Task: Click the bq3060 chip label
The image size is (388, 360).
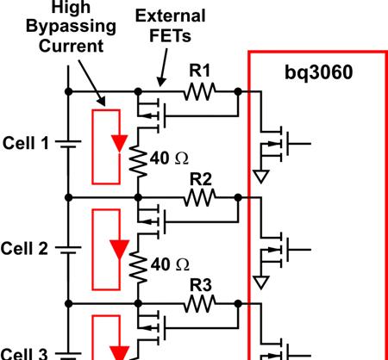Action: click(x=318, y=73)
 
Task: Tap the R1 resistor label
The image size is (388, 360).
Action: click(x=200, y=71)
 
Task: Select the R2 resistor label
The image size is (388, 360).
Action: click(x=201, y=179)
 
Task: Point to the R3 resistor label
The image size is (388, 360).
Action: click(x=201, y=285)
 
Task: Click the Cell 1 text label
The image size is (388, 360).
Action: click(x=26, y=143)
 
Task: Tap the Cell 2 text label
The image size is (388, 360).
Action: click(x=24, y=248)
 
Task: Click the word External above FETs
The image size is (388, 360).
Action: click(x=171, y=16)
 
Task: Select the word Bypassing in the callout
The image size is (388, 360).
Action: click(x=71, y=27)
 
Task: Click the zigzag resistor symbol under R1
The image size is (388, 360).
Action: click(x=199, y=91)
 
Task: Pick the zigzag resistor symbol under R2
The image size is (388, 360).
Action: click(x=199, y=197)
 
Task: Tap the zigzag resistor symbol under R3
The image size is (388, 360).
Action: click(x=199, y=303)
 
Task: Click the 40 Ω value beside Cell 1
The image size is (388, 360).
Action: click(x=169, y=158)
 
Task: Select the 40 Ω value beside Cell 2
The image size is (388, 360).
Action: click(x=170, y=264)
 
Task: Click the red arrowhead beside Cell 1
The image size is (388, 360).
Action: click(x=120, y=143)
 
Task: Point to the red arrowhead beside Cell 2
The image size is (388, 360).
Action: click(x=120, y=250)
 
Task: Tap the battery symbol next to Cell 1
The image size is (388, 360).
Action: click(x=68, y=144)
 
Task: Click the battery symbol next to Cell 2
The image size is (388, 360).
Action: click(x=68, y=250)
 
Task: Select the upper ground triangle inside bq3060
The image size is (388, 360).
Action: click(x=261, y=177)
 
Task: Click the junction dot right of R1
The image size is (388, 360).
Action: click(x=238, y=92)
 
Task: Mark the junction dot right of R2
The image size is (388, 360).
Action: click(x=238, y=197)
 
